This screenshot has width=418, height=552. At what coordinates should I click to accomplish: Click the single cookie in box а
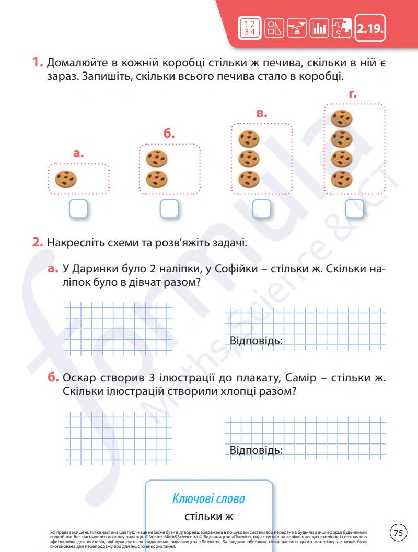coord(66,179)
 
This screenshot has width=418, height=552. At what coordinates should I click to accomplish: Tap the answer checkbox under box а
coord(77,209)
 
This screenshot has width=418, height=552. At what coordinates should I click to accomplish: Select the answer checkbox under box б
coord(169,209)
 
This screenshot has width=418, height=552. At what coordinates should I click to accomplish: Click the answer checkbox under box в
coord(261,209)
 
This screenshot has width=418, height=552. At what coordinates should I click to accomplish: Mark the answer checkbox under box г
coord(354,209)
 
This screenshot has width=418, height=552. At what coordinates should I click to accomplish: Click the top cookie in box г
coord(341,118)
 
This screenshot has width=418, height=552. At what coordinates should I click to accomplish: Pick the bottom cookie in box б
coord(156,179)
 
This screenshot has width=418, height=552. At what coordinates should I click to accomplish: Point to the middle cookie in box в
coord(249,159)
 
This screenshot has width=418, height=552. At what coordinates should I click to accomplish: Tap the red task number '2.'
coord(38,243)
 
